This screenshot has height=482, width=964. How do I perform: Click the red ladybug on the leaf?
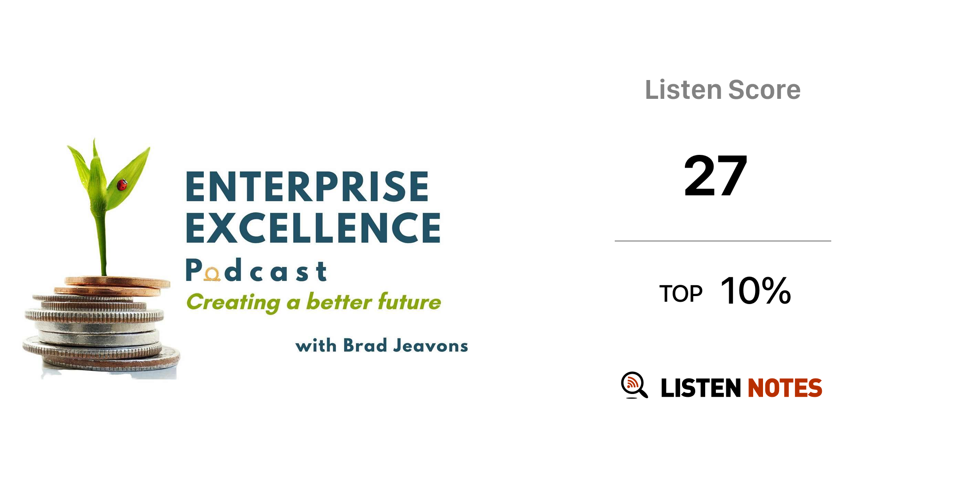tap(122, 185)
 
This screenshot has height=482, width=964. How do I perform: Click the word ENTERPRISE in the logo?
tap(307, 187)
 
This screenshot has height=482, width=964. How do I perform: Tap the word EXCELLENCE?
tap(313, 228)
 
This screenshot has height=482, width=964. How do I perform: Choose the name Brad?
tap(365, 345)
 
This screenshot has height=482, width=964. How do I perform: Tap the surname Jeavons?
tap(431, 346)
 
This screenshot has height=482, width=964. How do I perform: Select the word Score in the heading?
tap(764, 89)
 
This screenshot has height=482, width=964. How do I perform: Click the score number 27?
tap(715, 176)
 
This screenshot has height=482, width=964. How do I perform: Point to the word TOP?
tap(681, 294)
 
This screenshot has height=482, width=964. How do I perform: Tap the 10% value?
tap(755, 291)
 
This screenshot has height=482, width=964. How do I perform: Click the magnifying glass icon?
tap(634, 385)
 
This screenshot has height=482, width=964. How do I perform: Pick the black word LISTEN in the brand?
tap(701, 388)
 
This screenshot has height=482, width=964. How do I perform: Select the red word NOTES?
tap(785, 388)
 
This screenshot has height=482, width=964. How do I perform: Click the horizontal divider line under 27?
tap(723, 241)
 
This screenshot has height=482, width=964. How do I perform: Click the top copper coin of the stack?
tap(118, 282)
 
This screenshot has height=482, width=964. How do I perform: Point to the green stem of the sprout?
tap(102, 245)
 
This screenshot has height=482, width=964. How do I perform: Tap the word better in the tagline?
tap(339, 301)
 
